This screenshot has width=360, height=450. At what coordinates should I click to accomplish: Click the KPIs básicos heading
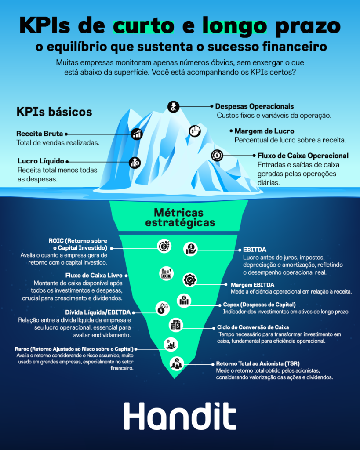[54, 111]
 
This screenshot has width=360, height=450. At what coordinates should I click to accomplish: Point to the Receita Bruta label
[40, 134]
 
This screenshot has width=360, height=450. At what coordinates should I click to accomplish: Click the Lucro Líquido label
[41, 161]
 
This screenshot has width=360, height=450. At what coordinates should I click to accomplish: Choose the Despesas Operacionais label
[254, 106]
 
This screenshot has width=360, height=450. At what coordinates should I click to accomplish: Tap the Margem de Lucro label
[264, 131]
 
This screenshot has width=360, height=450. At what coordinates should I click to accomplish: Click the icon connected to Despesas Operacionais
[173, 106]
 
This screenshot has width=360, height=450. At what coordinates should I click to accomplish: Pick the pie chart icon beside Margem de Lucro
[194, 131]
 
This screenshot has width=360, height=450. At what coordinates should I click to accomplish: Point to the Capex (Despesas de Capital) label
[259, 305]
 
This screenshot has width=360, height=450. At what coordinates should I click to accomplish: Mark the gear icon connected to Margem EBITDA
[190, 279]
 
